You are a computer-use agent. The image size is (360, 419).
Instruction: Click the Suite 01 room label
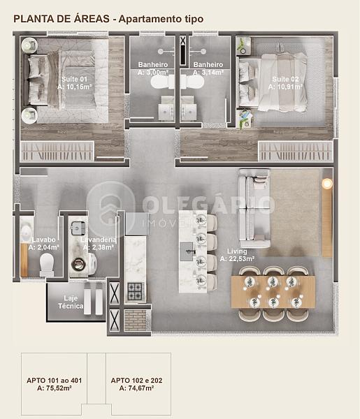click(74, 79)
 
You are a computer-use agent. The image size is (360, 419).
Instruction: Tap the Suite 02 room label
click(285, 79)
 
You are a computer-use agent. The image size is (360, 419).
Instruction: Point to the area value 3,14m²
click(212, 72)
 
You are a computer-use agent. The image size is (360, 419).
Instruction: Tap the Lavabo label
click(43, 240)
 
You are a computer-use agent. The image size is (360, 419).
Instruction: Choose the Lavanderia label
click(99, 240)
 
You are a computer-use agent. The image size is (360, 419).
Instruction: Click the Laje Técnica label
click(71, 302)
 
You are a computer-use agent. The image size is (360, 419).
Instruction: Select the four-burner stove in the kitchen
click(135, 291)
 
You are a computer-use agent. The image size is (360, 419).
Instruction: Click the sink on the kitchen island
click(187, 251)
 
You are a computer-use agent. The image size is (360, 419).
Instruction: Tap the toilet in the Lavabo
click(47, 265)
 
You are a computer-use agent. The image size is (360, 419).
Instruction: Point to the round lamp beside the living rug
click(327, 184)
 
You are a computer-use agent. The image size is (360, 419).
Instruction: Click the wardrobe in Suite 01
click(57, 152)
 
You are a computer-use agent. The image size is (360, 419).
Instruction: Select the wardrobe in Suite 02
click(295, 152)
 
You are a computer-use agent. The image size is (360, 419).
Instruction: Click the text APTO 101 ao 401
click(55, 381)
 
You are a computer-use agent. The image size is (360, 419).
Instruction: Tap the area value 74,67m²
click(141, 388)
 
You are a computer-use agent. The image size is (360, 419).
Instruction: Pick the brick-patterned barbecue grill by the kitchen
click(136, 320)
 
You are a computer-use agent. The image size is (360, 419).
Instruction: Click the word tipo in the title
click(194, 20)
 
